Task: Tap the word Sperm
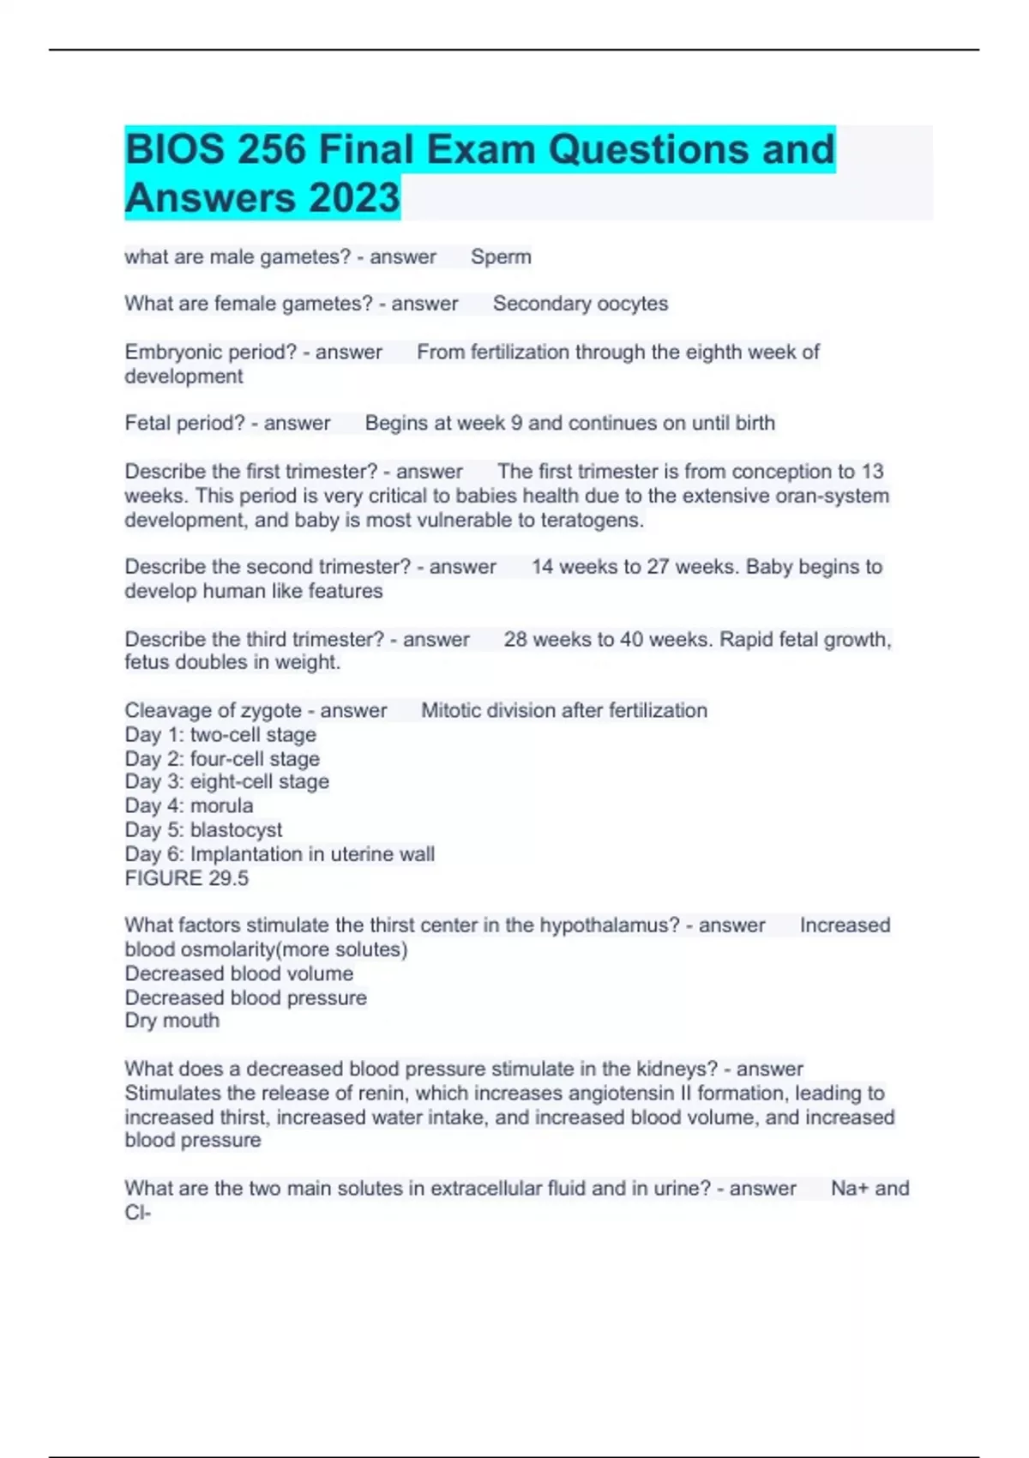coord(501,256)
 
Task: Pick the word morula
coord(221,805)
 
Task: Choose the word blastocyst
coord(236,829)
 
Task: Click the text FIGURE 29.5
coord(186,878)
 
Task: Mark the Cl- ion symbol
coord(137,1213)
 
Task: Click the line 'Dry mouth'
coord(171,1021)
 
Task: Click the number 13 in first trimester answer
coord(872,472)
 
